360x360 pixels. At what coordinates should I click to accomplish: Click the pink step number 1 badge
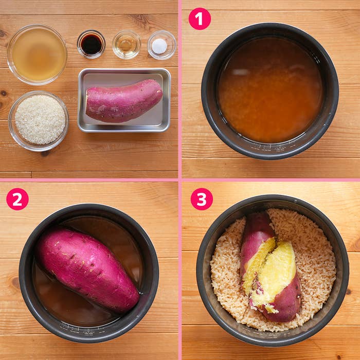click(200, 19)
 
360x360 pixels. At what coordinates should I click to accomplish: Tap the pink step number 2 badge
click(17, 199)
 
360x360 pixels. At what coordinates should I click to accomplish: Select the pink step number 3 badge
click(202, 199)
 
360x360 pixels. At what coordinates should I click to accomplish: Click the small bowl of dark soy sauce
click(91, 44)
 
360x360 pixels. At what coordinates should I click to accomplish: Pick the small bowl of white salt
click(161, 45)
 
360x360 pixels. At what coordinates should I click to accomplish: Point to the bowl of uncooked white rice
click(39, 121)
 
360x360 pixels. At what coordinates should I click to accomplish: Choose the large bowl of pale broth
click(37, 55)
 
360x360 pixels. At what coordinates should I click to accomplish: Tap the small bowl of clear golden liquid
click(126, 44)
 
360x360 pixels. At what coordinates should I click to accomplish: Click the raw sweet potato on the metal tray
click(124, 101)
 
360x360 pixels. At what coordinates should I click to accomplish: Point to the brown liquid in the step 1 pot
click(270, 89)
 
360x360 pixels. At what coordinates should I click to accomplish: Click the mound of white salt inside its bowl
click(159, 46)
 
